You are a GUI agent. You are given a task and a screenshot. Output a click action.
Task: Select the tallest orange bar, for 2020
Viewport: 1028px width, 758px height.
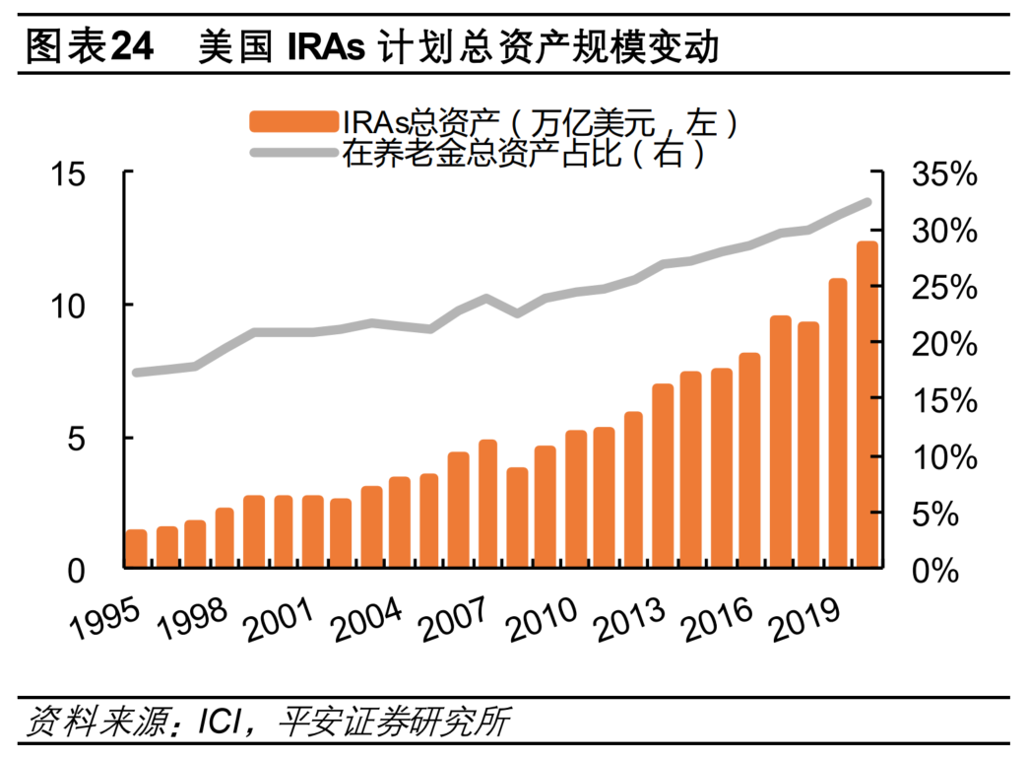click(867, 405)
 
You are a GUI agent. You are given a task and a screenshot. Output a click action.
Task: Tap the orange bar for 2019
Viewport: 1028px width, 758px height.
click(838, 424)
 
